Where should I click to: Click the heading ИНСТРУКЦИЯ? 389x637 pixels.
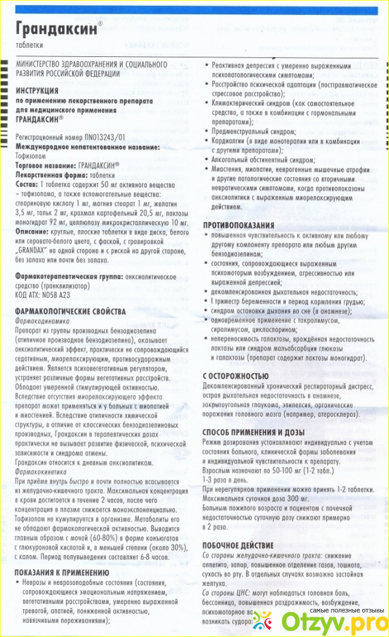(x=38, y=90)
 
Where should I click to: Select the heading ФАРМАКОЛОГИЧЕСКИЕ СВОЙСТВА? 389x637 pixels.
(x=71, y=312)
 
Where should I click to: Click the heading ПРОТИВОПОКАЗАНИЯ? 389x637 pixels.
(x=238, y=225)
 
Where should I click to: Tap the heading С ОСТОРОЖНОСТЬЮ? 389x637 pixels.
(x=235, y=376)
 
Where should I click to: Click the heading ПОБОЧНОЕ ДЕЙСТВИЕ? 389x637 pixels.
(x=238, y=545)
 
